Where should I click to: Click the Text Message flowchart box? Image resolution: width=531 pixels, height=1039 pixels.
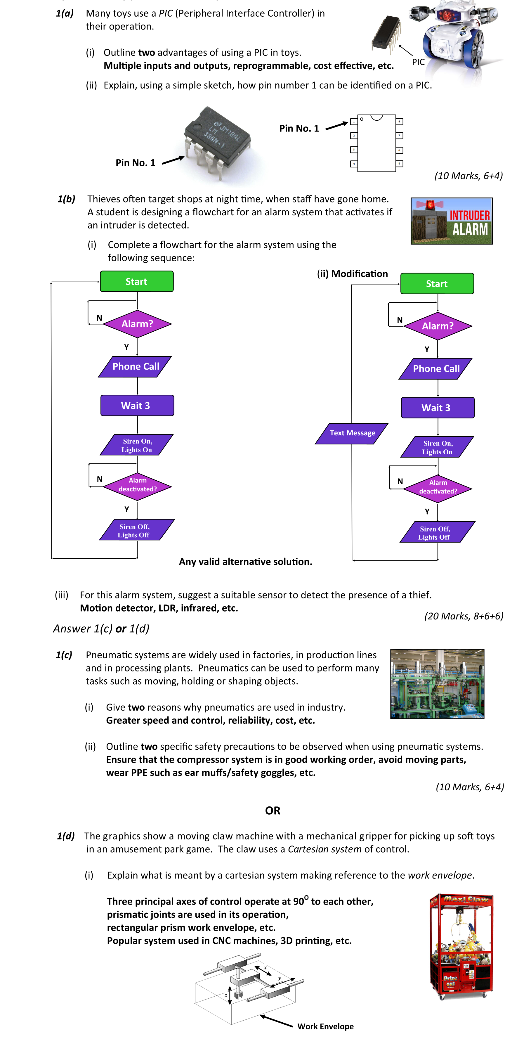coord(352,433)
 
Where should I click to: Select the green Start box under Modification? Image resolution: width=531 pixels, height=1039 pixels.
coord(437,283)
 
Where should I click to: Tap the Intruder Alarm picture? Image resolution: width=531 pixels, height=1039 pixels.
coord(451,221)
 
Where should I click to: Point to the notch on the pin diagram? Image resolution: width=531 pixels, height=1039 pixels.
coord(376,117)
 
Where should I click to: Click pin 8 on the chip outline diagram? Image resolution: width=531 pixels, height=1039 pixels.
coord(399,122)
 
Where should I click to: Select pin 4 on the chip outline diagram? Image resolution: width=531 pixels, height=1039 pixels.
coord(354,164)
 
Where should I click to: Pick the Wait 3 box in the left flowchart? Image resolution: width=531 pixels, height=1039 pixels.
coord(137,405)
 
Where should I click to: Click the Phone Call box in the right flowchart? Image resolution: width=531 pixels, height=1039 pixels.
coord(436,369)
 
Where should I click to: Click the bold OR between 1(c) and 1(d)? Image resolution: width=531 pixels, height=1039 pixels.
coord(273,810)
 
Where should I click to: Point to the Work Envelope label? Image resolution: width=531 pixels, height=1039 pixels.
coord(325,1026)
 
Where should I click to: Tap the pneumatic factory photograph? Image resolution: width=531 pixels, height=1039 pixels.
coord(437,684)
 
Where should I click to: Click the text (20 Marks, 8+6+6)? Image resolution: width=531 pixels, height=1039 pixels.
coord(464,616)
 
